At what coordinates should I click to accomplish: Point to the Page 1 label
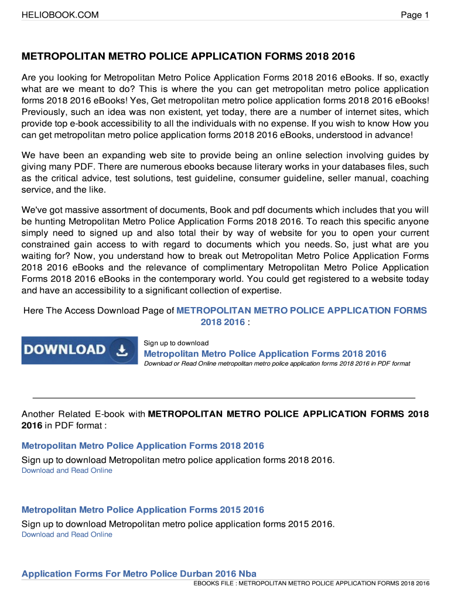(415, 15)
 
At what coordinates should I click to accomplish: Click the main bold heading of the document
(188, 57)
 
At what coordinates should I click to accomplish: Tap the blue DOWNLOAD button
(80, 350)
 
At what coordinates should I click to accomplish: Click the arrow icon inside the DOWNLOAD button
(121, 350)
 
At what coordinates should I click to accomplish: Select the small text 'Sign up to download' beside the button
(176, 343)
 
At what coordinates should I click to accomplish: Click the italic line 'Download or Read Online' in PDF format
(277, 364)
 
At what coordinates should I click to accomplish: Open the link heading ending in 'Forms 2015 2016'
(143, 510)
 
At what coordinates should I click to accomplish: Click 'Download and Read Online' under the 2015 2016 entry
(67, 534)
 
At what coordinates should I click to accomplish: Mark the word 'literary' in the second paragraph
(233, 167)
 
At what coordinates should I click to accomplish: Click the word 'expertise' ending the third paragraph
(258, 290)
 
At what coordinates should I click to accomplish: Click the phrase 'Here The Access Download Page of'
(98, 311)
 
